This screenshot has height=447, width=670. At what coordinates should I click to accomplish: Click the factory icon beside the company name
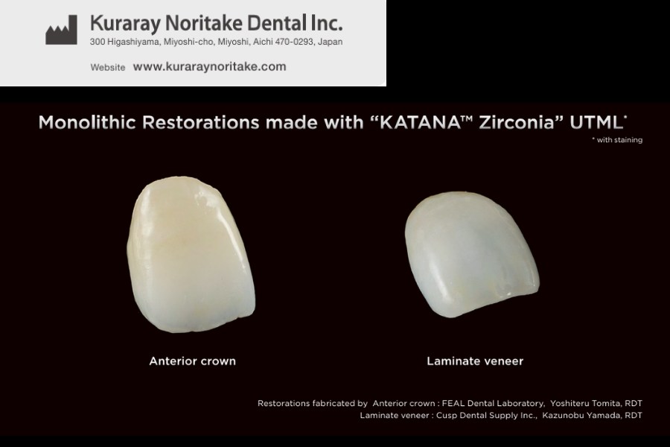[62, 30]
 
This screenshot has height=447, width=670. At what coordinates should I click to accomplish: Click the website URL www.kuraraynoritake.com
[209, 67]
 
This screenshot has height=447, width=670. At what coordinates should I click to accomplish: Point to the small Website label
[108, 68]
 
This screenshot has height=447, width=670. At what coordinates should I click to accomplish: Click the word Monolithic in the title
[87, 123]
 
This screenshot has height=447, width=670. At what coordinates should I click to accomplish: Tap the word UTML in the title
[596, 123]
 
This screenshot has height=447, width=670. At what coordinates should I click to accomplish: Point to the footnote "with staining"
[619, 140]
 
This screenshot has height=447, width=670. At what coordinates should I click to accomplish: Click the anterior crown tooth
[191, 255]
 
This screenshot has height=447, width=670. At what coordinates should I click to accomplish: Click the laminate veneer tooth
[472, 255]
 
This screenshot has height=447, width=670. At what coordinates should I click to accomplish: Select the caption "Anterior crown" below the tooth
[192, 361]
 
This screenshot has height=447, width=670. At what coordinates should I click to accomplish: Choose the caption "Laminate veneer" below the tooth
[475, 361]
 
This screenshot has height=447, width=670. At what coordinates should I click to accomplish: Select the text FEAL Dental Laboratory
[493, 403]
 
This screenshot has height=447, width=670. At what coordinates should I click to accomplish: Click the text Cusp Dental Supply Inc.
[486, 416]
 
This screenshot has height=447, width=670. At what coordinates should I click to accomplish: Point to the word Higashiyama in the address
[128, 42]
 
